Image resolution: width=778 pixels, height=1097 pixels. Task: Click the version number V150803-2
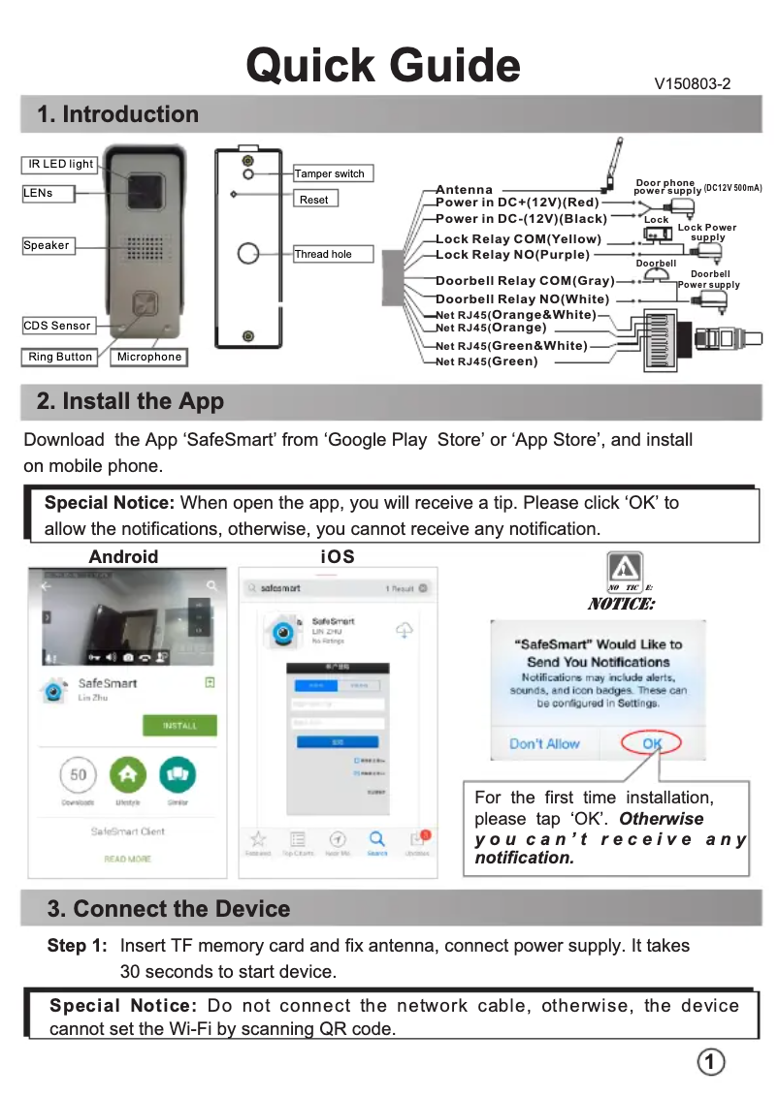tap(693, 84)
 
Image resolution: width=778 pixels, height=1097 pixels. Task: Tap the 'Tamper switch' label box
tap(332, 174)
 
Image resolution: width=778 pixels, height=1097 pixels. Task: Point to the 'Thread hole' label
tap(323, 255)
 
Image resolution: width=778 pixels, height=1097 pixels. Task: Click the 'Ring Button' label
tap(60, 357)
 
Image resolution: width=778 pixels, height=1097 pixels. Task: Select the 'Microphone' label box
tap(148, 357)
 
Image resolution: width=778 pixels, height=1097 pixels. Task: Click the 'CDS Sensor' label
tap(58, 326)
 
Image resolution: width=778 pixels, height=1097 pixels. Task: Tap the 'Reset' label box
tap(314, 200)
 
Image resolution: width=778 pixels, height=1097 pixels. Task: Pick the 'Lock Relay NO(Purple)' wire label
tap(512, 255)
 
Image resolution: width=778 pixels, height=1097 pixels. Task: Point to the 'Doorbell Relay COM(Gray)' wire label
tap(525, 281)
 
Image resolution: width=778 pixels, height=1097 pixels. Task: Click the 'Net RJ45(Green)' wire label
tap(487, 361)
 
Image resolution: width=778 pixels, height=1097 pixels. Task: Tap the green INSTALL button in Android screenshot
tap(179, 725)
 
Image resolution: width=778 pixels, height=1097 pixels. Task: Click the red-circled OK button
tap(651, 743)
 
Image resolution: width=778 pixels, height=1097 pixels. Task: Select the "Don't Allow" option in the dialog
tap(544, 743)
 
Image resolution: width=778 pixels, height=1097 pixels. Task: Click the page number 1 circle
tap(711, 1062)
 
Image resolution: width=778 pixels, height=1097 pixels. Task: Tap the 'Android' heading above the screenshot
tap(123, 556)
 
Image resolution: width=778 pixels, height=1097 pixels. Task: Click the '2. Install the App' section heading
tap(130, 401)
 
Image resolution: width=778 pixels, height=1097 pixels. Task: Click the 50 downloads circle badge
tap(79, 774)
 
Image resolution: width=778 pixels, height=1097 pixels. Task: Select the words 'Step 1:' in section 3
tap(78, 945)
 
